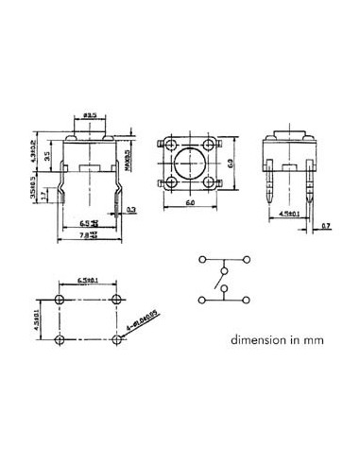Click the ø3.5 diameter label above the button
click(92, 114)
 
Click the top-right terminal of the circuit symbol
click(246, 257)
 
